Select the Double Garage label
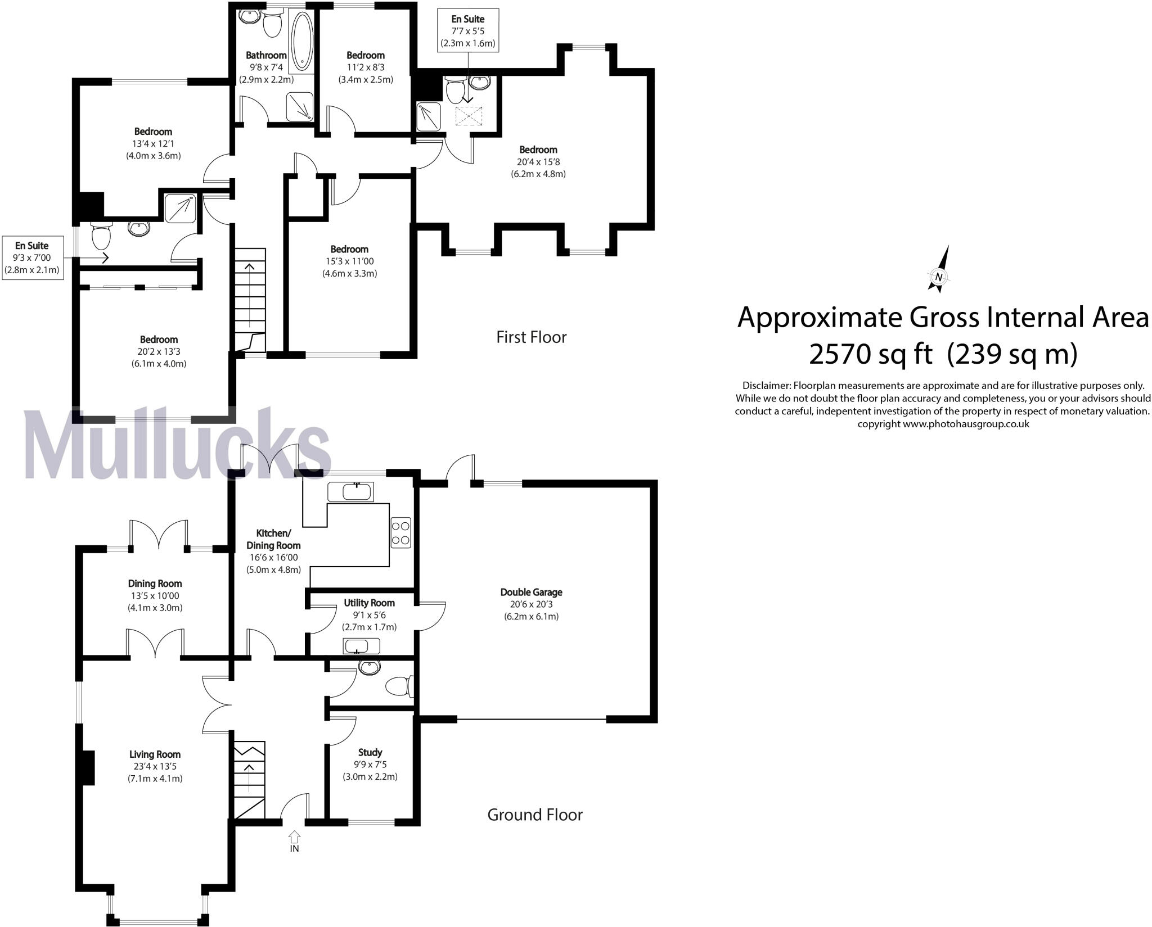coord(531,592)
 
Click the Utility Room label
coord(369,603)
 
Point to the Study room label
coord(370,752)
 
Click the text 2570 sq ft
coord(870,354)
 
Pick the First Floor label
coord(531,337)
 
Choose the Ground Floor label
coord(534,815)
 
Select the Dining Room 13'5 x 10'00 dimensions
coord(155,596)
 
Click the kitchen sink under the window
coord(350,492)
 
